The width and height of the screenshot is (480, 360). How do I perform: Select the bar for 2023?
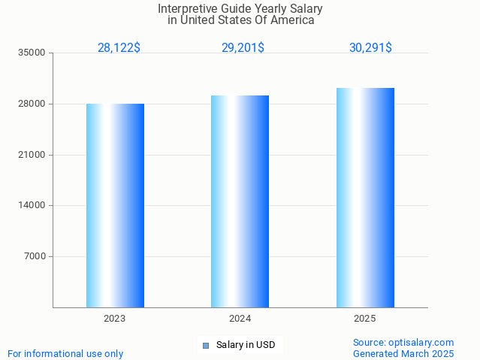[115, 205]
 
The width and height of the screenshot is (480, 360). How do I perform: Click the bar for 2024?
[240, 201]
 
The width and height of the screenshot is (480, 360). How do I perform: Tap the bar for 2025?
[365, 198]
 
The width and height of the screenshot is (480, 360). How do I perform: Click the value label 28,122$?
[119, 48]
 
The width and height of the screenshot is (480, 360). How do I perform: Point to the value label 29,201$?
[243, 48]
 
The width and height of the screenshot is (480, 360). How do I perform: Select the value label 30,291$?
[370, 48]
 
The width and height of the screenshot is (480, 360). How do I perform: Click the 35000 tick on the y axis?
[33, 53]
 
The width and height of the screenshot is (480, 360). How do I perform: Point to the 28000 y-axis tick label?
[33, 104]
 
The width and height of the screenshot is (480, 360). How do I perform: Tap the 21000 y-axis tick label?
[33, 155]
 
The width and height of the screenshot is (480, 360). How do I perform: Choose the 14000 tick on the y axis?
[33, 205]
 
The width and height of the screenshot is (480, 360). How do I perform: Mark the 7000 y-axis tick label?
[35, 256]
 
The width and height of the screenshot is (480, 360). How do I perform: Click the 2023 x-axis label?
[115, 319]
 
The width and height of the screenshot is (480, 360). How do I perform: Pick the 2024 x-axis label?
[240, 319]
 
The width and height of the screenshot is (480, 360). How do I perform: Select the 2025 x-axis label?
[365, 319]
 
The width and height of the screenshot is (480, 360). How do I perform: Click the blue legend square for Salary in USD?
[205, 346]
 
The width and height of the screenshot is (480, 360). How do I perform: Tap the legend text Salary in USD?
[246, 346]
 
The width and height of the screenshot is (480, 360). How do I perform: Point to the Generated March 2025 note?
[403, 353]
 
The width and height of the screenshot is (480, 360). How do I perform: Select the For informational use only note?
[65, 353]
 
